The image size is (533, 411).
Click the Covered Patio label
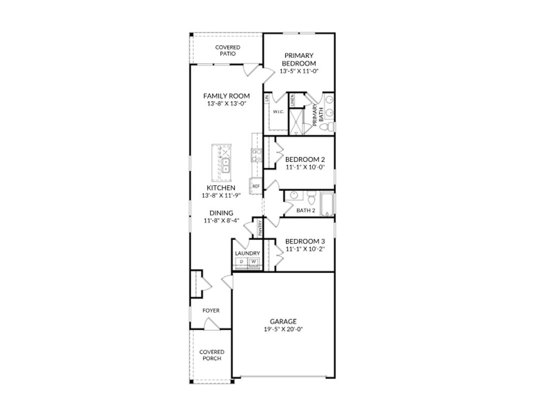[227, 50]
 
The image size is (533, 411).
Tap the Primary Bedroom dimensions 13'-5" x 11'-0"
[299, 72]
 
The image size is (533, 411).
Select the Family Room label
[226, 96]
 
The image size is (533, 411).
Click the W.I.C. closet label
[278, 111]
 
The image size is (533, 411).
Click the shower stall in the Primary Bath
[295, 122]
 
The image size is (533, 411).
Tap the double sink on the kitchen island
[225, 165]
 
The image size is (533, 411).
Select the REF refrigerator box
[255, 187]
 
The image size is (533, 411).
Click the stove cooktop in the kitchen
[257, 155]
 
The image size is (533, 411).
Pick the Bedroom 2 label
[305, 159]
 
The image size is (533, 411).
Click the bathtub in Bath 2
[325, 203]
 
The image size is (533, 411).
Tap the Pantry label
[260, 227]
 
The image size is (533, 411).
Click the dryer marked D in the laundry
[242, 262]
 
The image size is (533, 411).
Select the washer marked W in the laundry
[253, 262]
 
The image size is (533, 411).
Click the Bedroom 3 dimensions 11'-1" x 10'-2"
[305, 249]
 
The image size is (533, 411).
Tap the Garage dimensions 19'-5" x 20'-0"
[283, 329]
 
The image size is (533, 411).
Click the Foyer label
[211, 310]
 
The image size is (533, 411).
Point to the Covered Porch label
[212, 355]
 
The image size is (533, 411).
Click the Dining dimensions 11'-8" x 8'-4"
[221, 221]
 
